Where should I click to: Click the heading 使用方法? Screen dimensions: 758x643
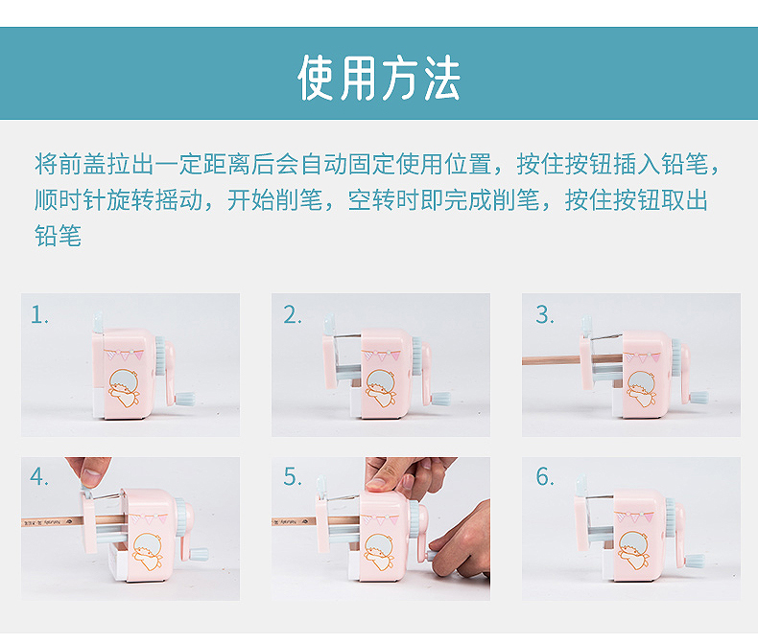point(378,78)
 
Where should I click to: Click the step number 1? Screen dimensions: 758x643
point(39,315)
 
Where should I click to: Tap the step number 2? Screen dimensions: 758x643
point(292,315)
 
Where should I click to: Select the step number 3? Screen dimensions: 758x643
point(544,315)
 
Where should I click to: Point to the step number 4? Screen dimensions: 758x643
point(38,477)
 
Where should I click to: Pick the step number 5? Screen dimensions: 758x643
point(292,477)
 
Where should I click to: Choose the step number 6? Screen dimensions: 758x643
point(544,477)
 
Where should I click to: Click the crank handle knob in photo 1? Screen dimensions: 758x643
point(185,399)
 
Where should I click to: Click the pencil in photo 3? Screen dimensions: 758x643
point(572,359)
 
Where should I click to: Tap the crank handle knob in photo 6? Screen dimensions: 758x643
point(695,561)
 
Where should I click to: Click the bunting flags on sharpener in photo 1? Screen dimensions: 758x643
point(124,355)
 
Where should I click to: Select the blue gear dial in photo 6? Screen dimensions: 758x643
point(671,518)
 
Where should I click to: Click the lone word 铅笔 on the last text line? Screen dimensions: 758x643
point(58,236)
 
